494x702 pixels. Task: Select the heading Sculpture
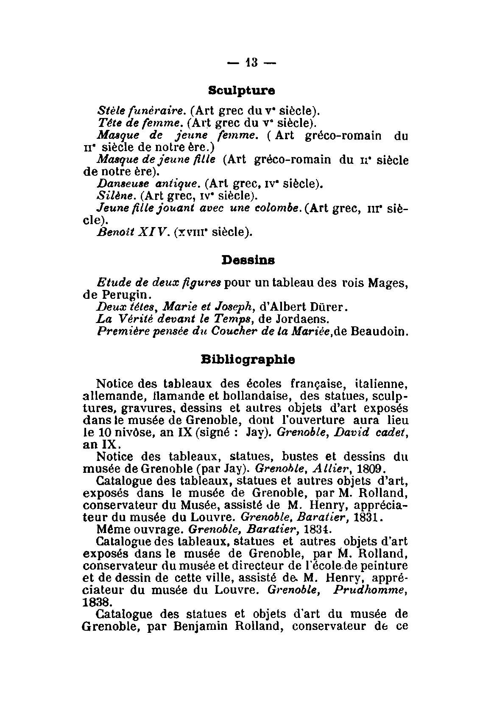(242, 90)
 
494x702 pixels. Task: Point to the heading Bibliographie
(248, 359)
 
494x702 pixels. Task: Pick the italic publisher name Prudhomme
(371, 590)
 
